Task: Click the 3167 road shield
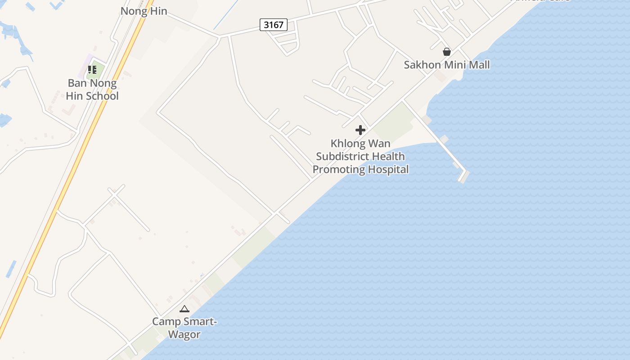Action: point(274,24)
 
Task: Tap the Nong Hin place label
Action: point(144,11)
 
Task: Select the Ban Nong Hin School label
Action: point(92,90)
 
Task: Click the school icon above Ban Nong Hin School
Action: point(92,70)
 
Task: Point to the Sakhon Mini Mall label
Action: point(446,65)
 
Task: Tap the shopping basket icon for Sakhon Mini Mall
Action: point(446,52)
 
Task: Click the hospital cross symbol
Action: point(360,130)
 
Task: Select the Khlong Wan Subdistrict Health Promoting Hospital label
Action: point(360,156)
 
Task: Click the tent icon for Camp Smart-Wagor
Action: point(184,309)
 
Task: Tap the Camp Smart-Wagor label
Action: point(184,328)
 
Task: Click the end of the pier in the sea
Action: point(463,175)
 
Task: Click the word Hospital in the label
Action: point(388,170)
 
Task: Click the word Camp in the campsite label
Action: point(166,322)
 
